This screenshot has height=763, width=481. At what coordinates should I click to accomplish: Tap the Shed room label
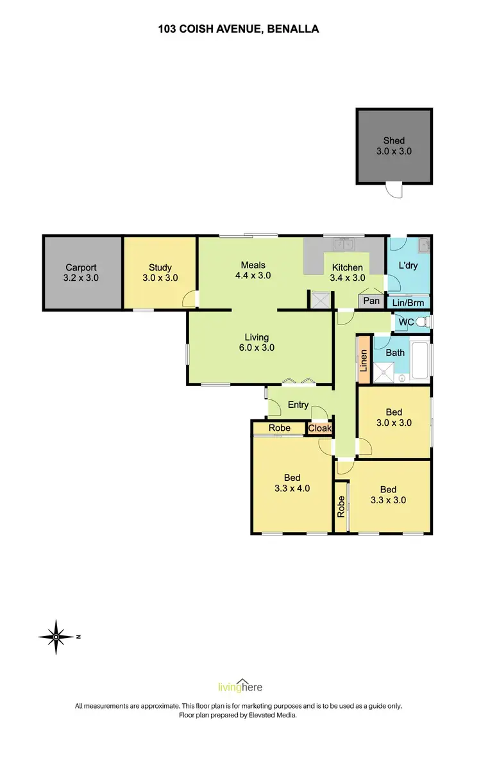(394, 146)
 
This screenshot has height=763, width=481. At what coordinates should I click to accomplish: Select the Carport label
(81, 273)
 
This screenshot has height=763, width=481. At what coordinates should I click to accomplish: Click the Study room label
(160, 273)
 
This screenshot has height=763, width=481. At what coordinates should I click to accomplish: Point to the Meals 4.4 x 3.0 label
(253, 270)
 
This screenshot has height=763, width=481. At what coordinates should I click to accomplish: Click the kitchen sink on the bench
(342, 244)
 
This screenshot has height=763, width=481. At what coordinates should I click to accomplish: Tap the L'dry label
(408, 265)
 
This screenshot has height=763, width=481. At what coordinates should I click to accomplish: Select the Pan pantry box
(371, 301)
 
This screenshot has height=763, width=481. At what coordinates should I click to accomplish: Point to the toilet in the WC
(421, 321)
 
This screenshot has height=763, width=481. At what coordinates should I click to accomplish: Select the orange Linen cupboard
(363, 361)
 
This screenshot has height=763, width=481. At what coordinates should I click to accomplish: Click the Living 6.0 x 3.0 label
(260, 342)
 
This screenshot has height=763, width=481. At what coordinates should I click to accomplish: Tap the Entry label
(298, 405)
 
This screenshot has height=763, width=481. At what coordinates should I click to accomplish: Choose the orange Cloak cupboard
(319, 428)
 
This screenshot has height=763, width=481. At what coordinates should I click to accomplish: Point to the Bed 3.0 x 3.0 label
(394, 417)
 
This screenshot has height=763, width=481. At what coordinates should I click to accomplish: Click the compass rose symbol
(56, 637)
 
